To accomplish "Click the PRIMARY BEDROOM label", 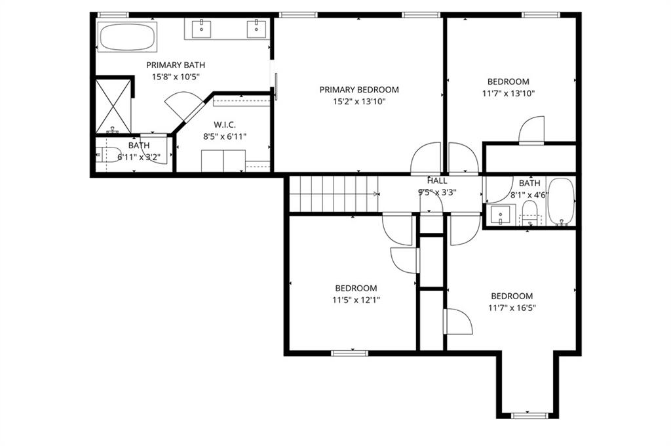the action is point(359,90).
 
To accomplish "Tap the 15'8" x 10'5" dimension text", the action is point(176,77).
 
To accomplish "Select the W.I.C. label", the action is point(225,125).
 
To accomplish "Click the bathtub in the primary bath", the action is point(127,37).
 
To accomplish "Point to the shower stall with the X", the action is point(113,106).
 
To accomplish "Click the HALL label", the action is point(437,181).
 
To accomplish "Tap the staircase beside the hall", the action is point(334,193).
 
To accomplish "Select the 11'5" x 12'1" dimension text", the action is point(356,300).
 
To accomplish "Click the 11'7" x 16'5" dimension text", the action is point(512,308).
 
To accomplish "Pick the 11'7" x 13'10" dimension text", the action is point(508,93).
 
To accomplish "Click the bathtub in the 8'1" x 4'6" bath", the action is point(561,201).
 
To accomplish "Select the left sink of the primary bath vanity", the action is point(201,29).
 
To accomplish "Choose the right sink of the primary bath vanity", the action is point(256,29).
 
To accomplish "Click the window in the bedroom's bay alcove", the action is point(529,415).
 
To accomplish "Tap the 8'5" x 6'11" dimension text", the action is point(225,136).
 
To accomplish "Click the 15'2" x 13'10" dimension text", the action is point(359,102).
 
